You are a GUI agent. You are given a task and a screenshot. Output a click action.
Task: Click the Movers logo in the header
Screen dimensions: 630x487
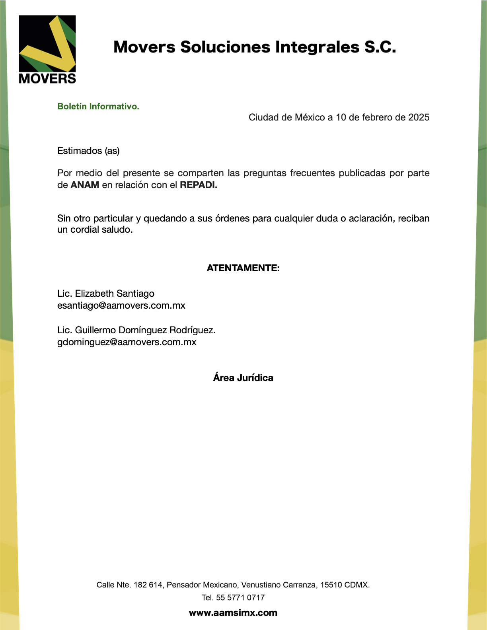[x=47, y=49]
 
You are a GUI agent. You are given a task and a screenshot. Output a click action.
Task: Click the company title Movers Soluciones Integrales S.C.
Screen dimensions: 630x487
[x=255, y=47]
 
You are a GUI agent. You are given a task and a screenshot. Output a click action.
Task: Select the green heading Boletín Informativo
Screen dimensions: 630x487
[x=98, y=107]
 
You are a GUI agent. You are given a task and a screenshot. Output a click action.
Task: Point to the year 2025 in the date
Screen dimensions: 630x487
[x=419, y=117]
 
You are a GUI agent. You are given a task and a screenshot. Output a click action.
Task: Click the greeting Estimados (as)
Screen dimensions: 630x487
[x=88, y=151]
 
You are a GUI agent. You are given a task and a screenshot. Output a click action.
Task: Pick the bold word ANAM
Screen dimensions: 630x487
[x=85, y=185]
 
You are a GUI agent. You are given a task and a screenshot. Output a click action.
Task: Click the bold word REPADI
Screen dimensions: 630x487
[x=199, y=185]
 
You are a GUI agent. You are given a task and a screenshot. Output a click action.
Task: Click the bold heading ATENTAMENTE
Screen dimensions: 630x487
[x=243, y=268]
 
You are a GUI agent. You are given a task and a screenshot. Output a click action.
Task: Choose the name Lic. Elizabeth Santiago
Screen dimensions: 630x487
[x=106, y=294]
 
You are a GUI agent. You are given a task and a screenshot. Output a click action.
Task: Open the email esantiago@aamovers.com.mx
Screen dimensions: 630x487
[x=121, y=305]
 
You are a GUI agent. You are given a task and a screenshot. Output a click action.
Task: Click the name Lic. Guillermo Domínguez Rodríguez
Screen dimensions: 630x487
[x=136, y=330]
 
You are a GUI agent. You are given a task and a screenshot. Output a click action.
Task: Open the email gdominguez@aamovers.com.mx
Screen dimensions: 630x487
[x=127, y=342]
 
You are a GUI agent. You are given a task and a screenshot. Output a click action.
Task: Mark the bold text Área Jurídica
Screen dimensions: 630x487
[x=243, y=378]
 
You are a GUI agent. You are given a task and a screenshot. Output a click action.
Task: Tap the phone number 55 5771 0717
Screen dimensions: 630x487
[x=240, y=597]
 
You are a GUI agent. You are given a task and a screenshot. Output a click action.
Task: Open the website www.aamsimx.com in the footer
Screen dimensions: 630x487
[x=233, y=613]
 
